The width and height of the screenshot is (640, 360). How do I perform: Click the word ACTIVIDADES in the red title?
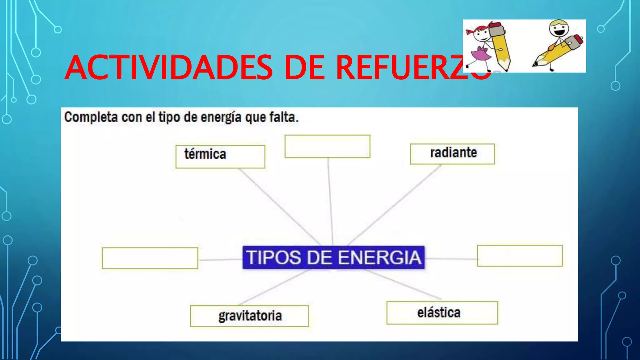coord(169,67)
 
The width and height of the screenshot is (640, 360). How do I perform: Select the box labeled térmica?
coord(220,157)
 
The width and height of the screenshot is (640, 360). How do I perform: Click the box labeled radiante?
coord(452,154)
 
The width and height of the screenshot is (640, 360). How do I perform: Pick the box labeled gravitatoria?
coord(249,316)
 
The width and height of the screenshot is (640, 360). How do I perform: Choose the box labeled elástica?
coord(442,313)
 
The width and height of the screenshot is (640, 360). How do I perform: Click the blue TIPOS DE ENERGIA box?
coord(333,257)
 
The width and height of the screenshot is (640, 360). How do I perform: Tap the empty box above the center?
coord(327,146)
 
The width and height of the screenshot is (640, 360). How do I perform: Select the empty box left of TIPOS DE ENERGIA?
coord(150,258)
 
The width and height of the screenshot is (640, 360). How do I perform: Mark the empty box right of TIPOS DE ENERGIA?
coord(520,256)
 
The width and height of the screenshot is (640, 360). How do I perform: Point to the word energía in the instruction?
coord(221,117)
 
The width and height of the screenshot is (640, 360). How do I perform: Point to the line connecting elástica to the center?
coord(403,284)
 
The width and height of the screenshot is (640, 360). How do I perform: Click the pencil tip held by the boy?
coord(535,64)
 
